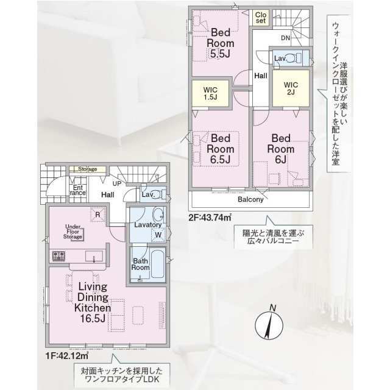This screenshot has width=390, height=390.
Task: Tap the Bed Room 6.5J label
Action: click(219, 149)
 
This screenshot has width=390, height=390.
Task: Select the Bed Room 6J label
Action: click(283, 149)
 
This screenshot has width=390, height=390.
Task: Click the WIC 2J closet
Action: click(291, 88)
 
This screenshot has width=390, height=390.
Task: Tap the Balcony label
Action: click(250, 199)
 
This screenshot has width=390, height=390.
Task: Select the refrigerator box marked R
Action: click(96, 214)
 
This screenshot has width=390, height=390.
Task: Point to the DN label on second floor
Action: click(285, 38)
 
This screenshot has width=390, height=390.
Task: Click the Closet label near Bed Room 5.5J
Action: click(261, 17)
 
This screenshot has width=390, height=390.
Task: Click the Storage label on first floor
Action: click(87, 169)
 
